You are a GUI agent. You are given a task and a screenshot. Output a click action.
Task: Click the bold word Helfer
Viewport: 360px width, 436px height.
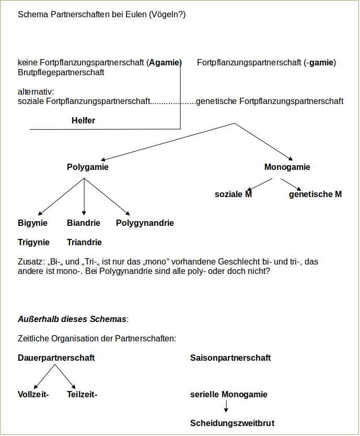click(83, 121)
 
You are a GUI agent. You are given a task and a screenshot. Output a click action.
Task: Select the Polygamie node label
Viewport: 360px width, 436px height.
click(88, 167)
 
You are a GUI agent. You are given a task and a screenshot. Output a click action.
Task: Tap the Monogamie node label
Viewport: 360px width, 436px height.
click(287, 167)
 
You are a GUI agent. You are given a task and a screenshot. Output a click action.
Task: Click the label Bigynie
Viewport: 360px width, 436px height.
click(32, 223)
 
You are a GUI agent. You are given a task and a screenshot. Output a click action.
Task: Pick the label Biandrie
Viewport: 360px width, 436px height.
click(84, 223)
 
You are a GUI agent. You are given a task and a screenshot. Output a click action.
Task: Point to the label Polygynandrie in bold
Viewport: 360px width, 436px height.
click(145, 223)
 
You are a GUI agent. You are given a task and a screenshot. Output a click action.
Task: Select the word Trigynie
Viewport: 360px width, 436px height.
click(33, 243)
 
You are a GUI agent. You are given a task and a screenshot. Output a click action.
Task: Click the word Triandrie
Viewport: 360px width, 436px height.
click(84, 243)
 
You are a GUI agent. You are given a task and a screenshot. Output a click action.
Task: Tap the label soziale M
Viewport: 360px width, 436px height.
click(233, 194)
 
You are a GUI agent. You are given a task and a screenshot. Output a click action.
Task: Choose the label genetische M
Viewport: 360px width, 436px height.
click(315, 194)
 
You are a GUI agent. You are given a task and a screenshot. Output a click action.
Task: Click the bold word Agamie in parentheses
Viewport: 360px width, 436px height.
click(164, 63)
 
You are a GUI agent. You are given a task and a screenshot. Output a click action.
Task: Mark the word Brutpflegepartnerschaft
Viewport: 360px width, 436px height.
click(61, 73)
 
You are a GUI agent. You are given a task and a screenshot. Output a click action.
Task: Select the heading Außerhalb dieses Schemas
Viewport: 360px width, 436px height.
click(72, 319)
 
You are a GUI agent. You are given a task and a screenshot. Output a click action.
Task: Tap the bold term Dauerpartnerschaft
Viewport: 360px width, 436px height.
click(56, 358)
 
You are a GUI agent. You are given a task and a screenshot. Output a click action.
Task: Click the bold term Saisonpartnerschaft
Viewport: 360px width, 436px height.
click(230, 358)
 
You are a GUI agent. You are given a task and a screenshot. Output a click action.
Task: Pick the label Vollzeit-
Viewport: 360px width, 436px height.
click(33, 395)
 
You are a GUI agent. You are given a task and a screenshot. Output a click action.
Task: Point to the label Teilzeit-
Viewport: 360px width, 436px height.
click(82, 395)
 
